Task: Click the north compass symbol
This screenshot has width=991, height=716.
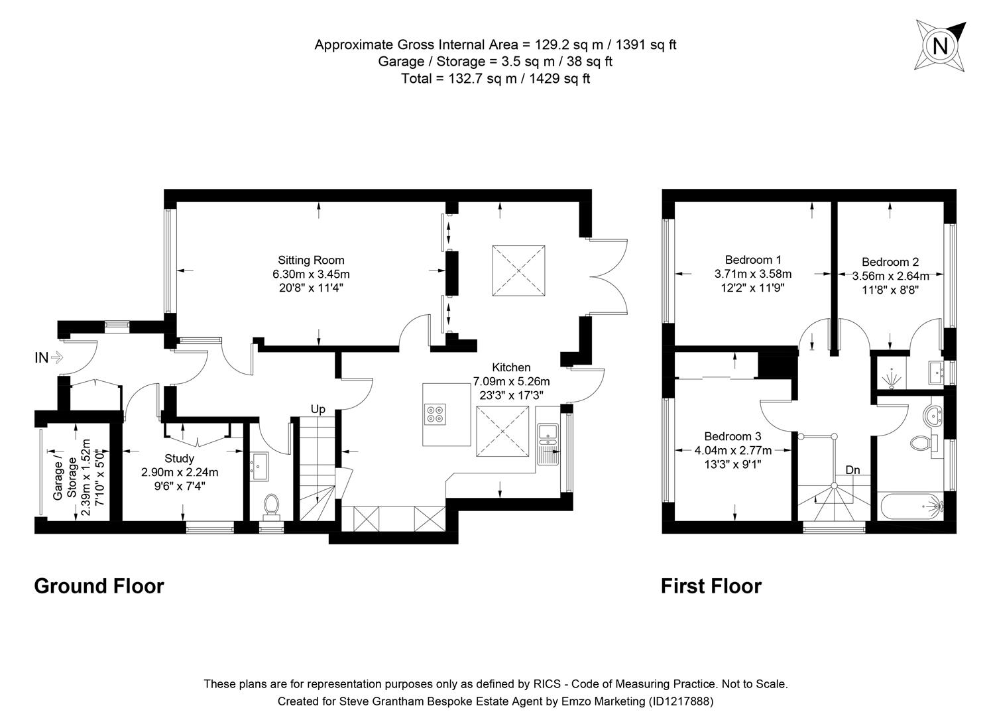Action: (940, 46)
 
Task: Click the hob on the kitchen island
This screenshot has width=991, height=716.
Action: (436, 414)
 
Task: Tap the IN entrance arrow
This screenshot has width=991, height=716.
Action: (56, 357)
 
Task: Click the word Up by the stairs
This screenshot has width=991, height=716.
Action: (318, 410)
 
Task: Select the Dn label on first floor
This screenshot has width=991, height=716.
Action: (852, 470)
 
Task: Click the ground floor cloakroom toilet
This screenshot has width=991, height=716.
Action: (270, 505)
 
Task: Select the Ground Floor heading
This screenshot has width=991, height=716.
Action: (99, 586)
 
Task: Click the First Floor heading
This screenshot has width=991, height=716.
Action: (711, 586)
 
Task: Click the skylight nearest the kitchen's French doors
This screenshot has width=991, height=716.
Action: (519, 270)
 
